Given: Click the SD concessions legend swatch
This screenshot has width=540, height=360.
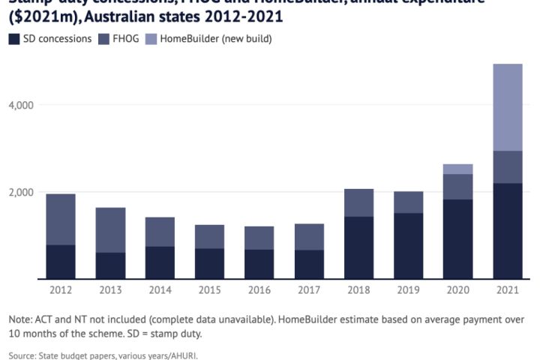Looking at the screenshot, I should point(13,38).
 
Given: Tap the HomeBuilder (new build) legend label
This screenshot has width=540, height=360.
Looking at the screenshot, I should point(226,38).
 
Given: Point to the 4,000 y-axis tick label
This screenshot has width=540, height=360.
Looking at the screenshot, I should point(21,105).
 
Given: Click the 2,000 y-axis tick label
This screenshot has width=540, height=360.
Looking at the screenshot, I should point(21,192).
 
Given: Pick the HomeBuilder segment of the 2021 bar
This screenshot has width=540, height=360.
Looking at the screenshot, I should point(508,107).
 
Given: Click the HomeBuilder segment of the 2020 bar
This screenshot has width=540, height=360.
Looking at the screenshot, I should point(458,169).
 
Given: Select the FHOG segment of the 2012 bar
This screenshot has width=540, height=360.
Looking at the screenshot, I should point(61,219).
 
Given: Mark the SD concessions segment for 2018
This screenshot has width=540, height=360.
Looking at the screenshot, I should point(359,247).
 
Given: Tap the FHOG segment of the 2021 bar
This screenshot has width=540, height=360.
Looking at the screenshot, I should point(508,166).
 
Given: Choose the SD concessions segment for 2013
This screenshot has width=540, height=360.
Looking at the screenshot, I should point(110,265).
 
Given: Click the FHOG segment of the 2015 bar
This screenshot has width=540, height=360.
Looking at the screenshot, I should point(210,236).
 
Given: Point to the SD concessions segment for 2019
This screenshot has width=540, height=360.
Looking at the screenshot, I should point(409,246).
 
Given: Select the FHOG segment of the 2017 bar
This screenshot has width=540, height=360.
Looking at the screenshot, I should point(309,236).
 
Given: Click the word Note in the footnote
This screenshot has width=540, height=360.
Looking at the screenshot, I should point(21,319).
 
